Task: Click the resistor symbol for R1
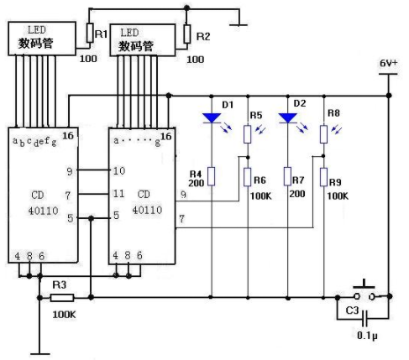click(90, 33)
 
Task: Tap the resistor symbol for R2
click(187, 34)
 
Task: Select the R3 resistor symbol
click(62, 298)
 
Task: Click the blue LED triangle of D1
click(212, 118)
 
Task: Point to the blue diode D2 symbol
click(288, 118)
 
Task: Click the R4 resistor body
click(212, 176)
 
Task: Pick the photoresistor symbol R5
click(247, 134)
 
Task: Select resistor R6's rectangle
click(247, 177)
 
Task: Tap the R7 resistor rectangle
click(287, 176)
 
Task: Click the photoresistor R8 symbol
click(323, 134)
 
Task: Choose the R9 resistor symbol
click(323, 177)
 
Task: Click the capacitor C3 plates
click(364, 318)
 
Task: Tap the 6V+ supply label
click(388, 63)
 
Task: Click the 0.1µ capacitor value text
click(367, 336)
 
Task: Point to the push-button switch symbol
click(364, 293)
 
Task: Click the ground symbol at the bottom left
click(40, 354)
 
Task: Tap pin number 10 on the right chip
click(119, 170)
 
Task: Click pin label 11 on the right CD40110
click(119, 193)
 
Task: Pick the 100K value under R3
click(64, 315)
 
